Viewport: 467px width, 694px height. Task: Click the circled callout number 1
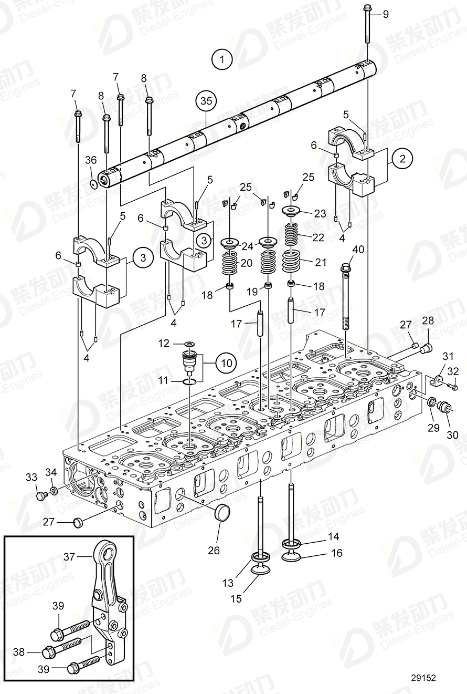(x=222, y=59)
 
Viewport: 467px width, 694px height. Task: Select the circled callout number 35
(x=207, y=102)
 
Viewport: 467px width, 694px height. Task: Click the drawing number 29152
(x=423, y=678)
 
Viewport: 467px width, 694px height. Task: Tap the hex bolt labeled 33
(x=39, y=495)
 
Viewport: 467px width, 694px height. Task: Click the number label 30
(x=452, y=434)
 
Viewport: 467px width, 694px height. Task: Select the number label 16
(x=336, y=553)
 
